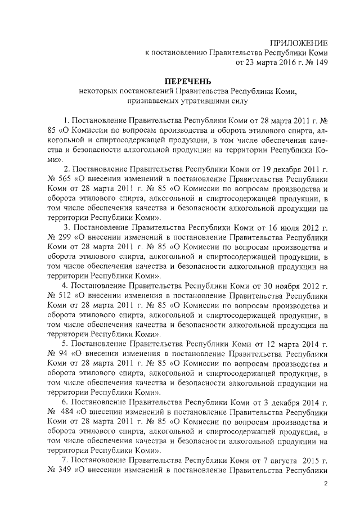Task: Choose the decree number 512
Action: click(66, 295)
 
